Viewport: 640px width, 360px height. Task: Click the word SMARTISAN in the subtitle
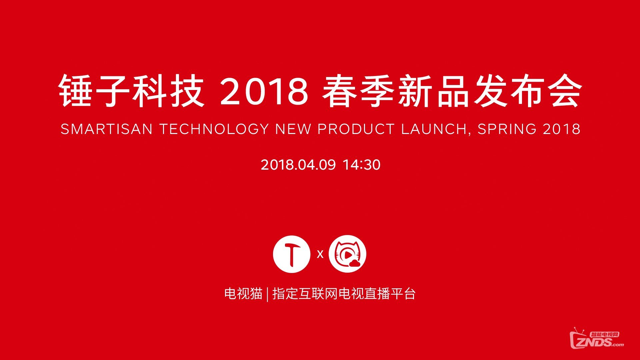click(x=107, y=129)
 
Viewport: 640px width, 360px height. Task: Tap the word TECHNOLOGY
click(x=214, y=129)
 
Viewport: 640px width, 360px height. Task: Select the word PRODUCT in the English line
click(x=356, y=129)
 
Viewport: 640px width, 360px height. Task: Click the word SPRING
click(x=507, y=129)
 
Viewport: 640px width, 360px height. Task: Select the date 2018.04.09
click(x=298, y=165)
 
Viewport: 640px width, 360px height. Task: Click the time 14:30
click(x=362, y=165)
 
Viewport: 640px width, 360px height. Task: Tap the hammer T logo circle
click(x=292, y=254)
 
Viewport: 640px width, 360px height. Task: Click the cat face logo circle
click(x=347, y=254)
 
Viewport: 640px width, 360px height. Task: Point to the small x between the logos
click(x=320, y=254)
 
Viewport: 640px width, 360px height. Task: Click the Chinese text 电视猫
click(x=243, y=294)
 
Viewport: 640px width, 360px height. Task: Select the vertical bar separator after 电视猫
click(x=267, y=294)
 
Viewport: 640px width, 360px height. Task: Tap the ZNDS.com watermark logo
click(x=597, y=339)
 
